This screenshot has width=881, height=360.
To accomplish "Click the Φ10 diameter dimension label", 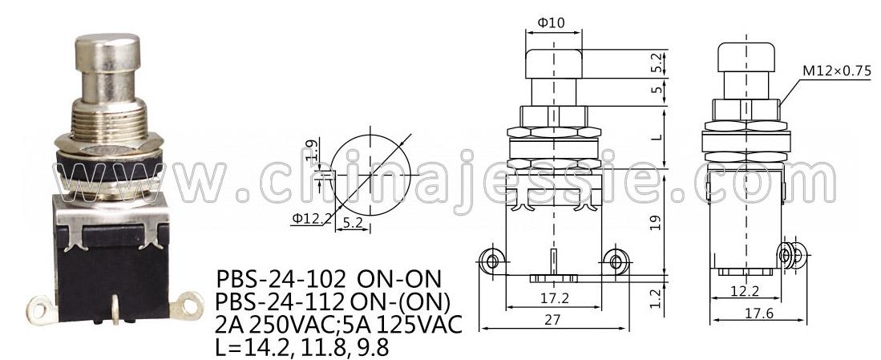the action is coord(551,23).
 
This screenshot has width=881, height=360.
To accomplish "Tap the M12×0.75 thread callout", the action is coord(836,71).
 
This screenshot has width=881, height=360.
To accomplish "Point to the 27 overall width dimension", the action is coord(553,320).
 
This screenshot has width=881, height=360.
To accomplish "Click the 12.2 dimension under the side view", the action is coord(746,291).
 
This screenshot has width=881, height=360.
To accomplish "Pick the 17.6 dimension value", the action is coord(759,313).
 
